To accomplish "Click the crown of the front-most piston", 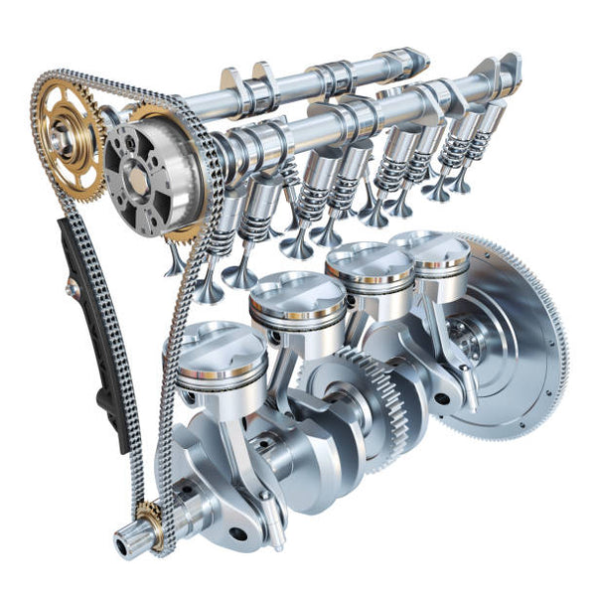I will pos(221,347).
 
